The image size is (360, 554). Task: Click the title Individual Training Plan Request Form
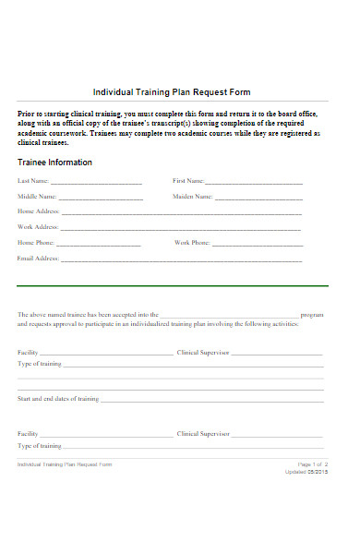point(172,92)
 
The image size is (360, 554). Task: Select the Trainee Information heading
point(54,163)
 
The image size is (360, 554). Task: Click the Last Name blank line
point(96,182)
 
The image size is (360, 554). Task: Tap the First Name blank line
point(254,182)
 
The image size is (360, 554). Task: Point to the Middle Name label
point(37,197)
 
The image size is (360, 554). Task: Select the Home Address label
point(39,211)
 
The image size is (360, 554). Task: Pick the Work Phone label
point(192,243)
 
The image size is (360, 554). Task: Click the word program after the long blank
point(312,315)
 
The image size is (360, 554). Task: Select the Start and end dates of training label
point(58,399)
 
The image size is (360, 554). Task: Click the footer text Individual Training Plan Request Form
point(65,464)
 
